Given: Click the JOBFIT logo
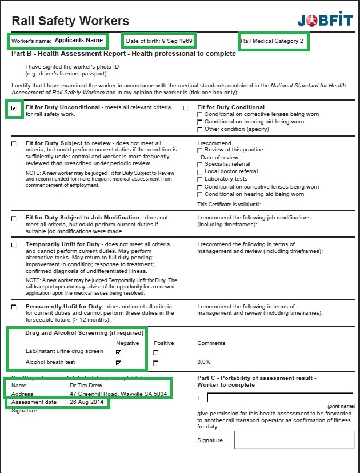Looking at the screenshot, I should tap(325, 19).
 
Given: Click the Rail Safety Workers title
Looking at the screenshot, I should tap(70, 22).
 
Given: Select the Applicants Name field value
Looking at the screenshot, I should tap(79, 41).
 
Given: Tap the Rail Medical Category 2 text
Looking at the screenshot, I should tap(272, 41).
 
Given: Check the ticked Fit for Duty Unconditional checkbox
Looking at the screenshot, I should tap(14, 107).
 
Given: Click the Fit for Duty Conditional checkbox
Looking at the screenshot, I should tap(186, 107).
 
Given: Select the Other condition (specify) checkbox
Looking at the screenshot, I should tap(199, 129).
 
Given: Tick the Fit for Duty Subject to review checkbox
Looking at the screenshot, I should tap(14, 143).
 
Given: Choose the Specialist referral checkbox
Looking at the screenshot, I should tap(199, 165).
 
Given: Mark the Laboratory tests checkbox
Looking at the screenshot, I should tap(199, 179).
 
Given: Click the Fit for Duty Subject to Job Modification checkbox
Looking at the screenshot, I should tap(14, 218).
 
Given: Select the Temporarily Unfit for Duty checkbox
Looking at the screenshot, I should tap(14, 245).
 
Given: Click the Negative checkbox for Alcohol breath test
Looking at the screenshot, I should tap(118, 363).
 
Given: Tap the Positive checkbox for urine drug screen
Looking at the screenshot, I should tap(155, 352).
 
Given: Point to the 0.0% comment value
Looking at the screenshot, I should tap(204, 362).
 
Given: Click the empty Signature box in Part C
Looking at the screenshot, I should tap(294, 440).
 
